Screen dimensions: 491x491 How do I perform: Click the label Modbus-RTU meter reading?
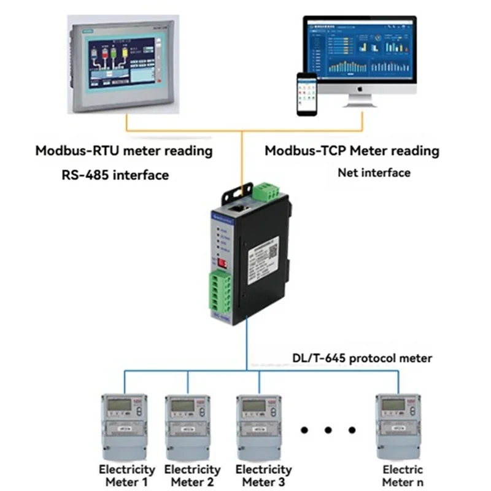(x=124, y=150)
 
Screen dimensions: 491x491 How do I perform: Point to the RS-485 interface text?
(x=115, y=175)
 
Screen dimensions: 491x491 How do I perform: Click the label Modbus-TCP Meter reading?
(x=352, y=150)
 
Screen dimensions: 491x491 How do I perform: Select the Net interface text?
(x=374, y=173)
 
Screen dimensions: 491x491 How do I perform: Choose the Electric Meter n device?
(x=399, y=423)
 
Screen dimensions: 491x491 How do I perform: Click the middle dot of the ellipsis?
(x=328, y=430)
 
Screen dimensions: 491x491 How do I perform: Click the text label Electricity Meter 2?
(x=192, y=476)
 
